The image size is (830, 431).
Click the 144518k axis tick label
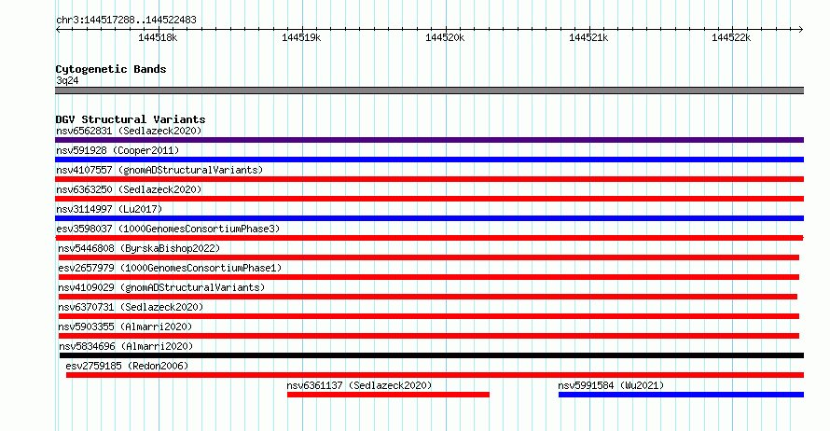pyautogui.click(x=158, y=37)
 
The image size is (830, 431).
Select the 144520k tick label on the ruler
pyautogui.click(x=445, y=37)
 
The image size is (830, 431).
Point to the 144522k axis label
pyautogui.click(x=731, y=37)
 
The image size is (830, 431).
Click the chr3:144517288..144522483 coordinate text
pyautogui.click(x=126, y=21)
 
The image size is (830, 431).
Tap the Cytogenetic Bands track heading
pyautogui.click(x=111, y=69)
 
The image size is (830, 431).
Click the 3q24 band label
pyautogui.click(x=67, y=80)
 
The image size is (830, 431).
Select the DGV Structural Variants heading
pyautogui.click(x=131, y=119)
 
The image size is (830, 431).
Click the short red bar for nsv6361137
pyautogui.click(x=389, y=395)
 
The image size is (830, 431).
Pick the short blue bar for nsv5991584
pyautogui.click(x=682, y=395)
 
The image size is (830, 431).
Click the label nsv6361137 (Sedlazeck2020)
pyautogui.click(x=359, y=385)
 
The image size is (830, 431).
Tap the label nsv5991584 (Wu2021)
pyautogui.click(x=611, y=385)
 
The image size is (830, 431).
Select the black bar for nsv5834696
pyautogui.click(x=432, y=355)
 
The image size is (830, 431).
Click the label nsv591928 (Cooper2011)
pyautogui.click(x=118, y=150)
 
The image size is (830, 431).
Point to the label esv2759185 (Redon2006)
pyautogui.click(x=127, y=366)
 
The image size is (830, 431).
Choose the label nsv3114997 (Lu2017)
pyautogui.click(x=109, y=209)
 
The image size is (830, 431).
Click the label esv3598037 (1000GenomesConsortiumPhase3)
pyautogui.click(x=168, y=229)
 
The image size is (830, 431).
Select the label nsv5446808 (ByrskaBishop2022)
pyautogui.click(x=139, y=248)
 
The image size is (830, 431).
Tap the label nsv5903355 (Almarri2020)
pyautogui.click(x=126, y=327)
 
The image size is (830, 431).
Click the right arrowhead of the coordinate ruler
pyautogui.click(x=801, y=29)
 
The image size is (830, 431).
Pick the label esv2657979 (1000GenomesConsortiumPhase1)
pyautogui.click(x=170, y=268)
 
